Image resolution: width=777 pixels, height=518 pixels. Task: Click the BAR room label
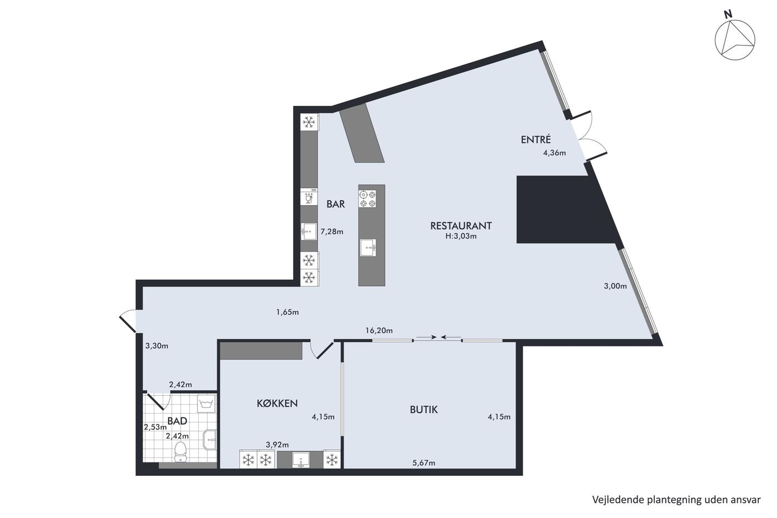[335, 204]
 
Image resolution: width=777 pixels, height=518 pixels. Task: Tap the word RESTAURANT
[461, 226]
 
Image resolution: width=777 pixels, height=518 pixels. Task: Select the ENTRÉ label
[536, 139]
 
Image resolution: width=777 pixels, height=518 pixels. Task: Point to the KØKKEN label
[277, 404]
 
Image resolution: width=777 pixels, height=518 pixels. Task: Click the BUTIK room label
[423, 410]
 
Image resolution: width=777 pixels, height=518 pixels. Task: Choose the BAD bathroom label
[177, 421]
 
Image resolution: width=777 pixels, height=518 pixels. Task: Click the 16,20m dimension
[379, 331]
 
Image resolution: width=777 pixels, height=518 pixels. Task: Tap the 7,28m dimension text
[332, 232]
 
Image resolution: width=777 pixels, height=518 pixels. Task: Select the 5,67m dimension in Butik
[423, 463]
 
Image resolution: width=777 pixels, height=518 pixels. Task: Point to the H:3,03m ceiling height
[461, 237]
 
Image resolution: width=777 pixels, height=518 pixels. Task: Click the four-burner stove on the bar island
[367, 199]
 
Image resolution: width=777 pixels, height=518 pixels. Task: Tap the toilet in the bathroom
[180, 452]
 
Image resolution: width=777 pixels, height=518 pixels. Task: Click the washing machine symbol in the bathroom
[206, 404]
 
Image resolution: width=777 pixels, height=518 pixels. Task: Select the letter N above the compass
[728, 24]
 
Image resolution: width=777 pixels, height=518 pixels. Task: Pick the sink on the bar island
[368, 248]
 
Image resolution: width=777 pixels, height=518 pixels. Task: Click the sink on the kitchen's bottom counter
[300, 460]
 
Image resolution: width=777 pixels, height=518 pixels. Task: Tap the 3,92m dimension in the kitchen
[277, 445]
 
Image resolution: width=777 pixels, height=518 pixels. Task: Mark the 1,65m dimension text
[287, 312]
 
